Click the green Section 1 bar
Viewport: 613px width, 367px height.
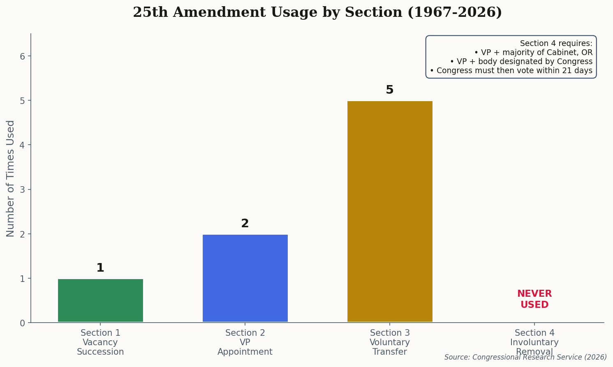[100, 300]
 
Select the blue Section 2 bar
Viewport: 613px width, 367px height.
[245, 278]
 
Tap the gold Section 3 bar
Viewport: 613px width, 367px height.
[390, 211]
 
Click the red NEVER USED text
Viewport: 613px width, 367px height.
[534, 299]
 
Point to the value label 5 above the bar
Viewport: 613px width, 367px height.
[390, 90]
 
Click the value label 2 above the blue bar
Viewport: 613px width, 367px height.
[245, 224]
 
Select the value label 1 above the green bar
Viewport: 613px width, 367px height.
[100, 268]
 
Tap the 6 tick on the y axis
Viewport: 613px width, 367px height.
[23, 56]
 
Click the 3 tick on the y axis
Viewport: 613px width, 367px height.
[23, 190]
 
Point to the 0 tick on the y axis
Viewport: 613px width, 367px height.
[23, 323]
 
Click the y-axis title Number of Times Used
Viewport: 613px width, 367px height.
[11, 178]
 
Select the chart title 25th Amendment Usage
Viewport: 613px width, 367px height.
[317, 12]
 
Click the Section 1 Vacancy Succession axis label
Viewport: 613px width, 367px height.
[100, 342]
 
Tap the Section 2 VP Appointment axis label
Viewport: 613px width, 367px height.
[245, 342]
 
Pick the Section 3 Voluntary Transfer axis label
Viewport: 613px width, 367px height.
[390, 342]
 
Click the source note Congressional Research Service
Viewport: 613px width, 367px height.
[525, 357]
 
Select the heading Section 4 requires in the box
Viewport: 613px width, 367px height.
[556, 44]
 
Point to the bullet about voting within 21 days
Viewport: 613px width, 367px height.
[511, 71]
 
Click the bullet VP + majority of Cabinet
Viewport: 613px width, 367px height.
[533, 53]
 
